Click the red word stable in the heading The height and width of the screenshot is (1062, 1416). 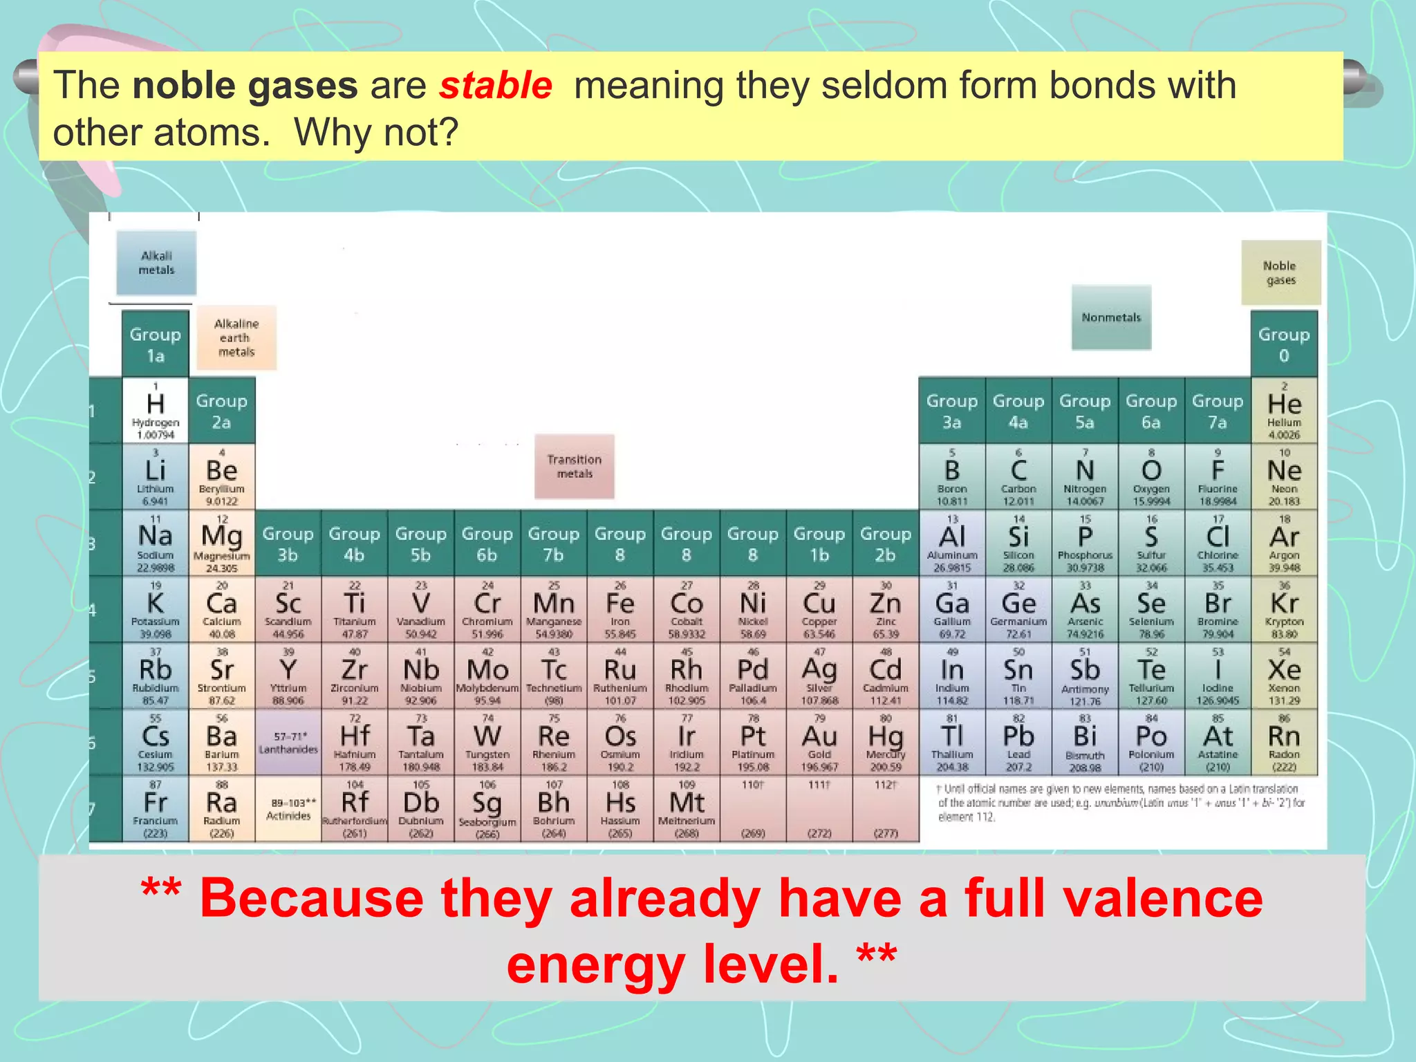495,86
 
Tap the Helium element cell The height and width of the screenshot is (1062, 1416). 1284,411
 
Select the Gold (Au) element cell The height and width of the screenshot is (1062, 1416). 819,743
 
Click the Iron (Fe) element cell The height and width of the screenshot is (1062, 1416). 620,610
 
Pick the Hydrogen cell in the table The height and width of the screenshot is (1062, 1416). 156,411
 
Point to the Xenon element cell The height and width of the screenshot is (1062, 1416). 1284,676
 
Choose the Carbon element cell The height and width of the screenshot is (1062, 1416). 1018,477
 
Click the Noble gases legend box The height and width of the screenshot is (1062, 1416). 1280,273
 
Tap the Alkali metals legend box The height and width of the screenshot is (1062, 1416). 156,263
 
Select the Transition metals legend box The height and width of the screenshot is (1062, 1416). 574,467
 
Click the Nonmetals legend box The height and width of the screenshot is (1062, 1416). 1111,317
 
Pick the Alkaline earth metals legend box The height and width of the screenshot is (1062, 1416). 236,337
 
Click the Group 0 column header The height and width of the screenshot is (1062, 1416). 1284,344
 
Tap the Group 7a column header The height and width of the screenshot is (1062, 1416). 1218,411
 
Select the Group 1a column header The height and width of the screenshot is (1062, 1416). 156,344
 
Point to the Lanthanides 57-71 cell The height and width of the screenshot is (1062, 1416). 288,743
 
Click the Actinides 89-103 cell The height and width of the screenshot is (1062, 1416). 288,809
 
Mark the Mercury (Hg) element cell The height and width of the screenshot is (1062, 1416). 886,743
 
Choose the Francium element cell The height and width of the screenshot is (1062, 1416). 156,809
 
